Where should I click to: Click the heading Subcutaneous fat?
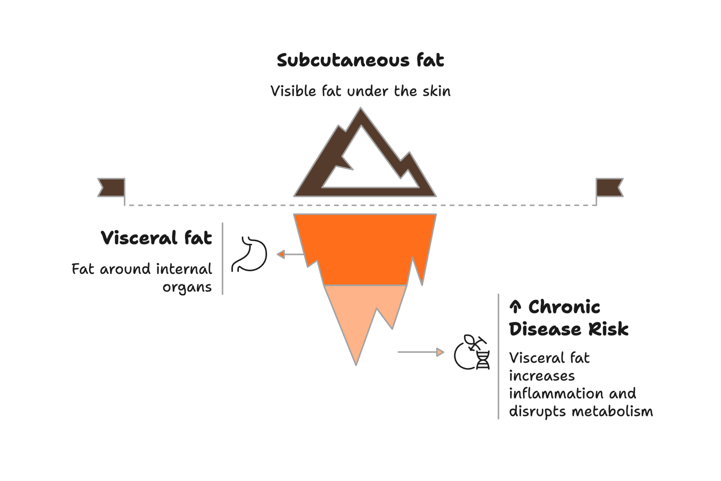[360, 60]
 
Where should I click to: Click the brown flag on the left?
[112, 187]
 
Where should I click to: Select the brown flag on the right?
[609, 187]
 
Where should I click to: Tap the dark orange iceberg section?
[364, 250]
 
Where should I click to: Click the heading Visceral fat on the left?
[156, 238]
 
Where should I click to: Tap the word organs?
[187, 287]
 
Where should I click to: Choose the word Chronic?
[564, 307]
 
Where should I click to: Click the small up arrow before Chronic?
[515, 307]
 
